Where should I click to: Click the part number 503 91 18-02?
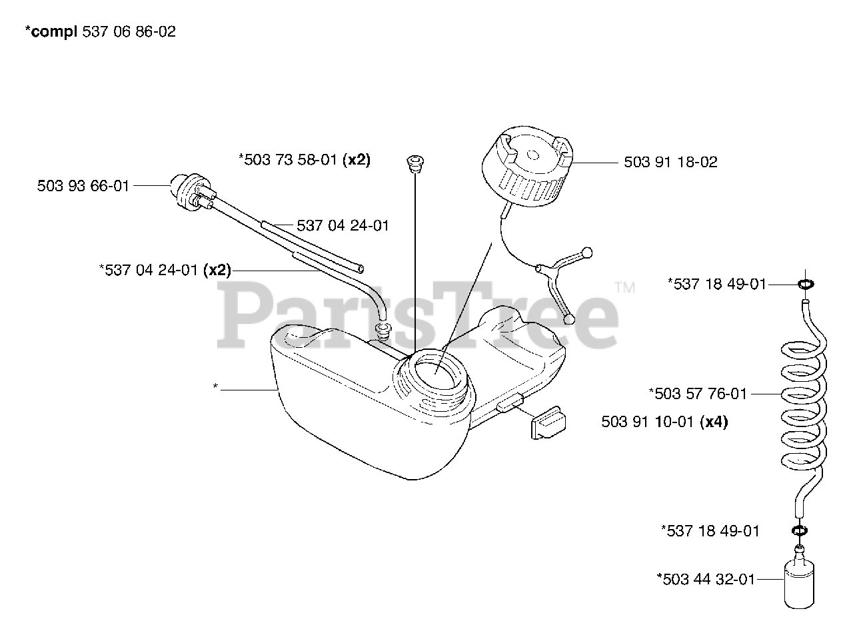click(670, 162)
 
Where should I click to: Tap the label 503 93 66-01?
click(83, 186)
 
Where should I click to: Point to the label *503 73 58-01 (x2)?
click(304, 159)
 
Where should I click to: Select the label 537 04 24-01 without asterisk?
click(343, 225)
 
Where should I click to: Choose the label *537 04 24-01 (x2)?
click(165, 270)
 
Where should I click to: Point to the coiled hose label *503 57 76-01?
click(698, 394)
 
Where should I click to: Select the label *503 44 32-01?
click(706, 579)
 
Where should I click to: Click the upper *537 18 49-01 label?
click(716, 285)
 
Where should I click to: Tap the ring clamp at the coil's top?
click(805, 285)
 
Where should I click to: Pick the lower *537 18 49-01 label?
click(710, 531)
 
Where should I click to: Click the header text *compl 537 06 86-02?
click(100, 31)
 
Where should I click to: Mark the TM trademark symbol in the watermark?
click(624, 288)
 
